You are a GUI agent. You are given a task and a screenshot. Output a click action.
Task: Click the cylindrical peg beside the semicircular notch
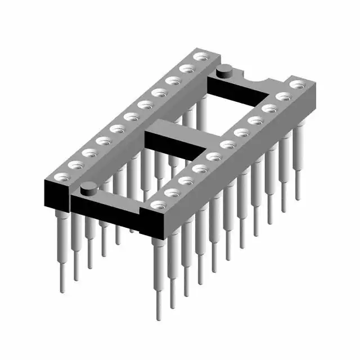point(224,70)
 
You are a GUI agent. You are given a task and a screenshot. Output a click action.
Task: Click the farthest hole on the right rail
point(296,85)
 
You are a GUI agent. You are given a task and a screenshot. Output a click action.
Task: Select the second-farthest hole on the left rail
point(186,68)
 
